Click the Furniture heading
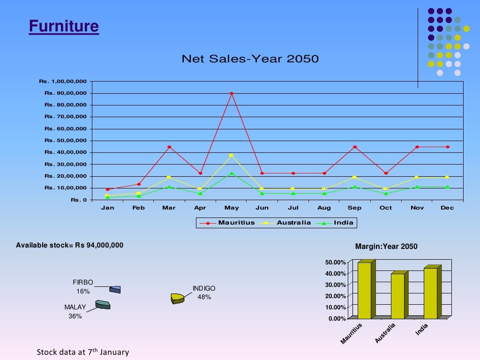tap(64, 26)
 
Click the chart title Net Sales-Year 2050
tap(250, 59)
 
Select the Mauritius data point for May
tap(232, 93)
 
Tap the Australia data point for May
tap(231, 155)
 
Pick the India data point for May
tap(232, 173)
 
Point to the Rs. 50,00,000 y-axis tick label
tap(66, 141)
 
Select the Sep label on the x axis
tap(354, 208)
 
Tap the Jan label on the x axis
tap(107, 208)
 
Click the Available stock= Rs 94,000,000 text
tap(69, 245)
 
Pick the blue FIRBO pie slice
tap(115, 289)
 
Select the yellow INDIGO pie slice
tap(177, 298)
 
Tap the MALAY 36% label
tap(75, 312)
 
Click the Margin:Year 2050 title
tap(386, 247)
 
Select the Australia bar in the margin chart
tap(397, 295)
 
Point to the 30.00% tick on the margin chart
tap(336, 285)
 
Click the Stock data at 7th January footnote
tap(82, 352)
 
